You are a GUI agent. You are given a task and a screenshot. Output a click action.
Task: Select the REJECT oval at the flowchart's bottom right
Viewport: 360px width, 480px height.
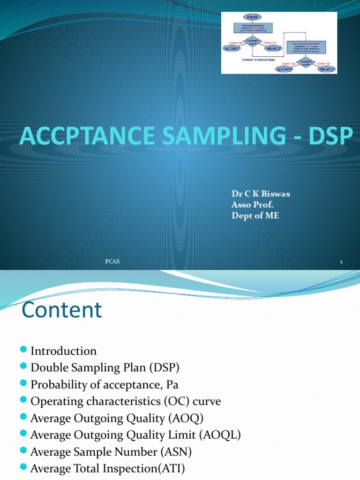(x=327, y=69)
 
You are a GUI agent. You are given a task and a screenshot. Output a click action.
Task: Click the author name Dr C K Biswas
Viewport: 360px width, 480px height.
(x=261, y=194)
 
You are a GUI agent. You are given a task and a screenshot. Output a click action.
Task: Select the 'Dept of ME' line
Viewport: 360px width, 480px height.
(x=255, y=216)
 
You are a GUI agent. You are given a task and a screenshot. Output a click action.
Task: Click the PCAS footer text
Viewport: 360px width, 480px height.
(x=112, y=261)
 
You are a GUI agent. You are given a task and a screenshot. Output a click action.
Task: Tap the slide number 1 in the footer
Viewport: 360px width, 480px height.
(x=341, y=262)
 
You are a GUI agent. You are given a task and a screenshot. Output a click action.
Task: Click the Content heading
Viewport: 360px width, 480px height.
(x=62, y=310)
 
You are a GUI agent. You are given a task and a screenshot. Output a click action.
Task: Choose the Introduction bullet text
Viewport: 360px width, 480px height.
(x=64, y=351)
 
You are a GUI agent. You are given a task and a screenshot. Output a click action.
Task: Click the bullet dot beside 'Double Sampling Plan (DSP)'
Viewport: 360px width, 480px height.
(x=24, y=368)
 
